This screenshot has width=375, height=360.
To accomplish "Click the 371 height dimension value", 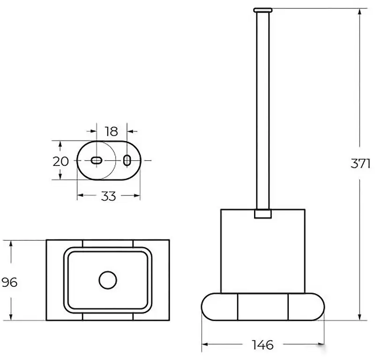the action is point(360,164).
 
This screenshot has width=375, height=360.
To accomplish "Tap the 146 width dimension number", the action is point(262,345).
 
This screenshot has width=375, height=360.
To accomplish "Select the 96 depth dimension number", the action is point(9,282).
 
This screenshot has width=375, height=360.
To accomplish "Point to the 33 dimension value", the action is point(108,196).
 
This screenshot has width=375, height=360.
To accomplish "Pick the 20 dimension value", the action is point(61,161).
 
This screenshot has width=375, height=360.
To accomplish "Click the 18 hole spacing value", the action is point(112,131).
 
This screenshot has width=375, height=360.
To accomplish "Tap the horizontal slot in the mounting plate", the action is point(97,160).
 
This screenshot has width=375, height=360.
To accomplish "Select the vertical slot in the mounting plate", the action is point(127,160).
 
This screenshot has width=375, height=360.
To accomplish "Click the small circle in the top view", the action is point(108,280).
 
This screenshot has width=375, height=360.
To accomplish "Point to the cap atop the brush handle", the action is point(262,10).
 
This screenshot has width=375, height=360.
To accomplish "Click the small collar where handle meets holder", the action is point(263,214).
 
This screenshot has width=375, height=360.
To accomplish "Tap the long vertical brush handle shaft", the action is point(263,111).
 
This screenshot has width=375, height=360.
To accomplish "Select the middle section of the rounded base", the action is point(263,307).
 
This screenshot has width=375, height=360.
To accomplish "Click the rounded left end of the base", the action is point(219,307).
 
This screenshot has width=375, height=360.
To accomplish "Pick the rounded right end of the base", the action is point(307,307).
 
